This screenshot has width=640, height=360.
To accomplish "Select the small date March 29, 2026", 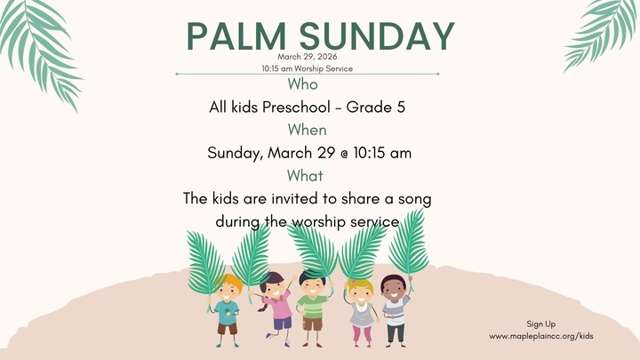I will (306, 56).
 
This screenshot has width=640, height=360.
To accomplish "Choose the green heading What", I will (305, 175).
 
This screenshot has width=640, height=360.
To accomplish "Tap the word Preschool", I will (286, 108).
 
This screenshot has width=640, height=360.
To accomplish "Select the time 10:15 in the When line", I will (370, 152).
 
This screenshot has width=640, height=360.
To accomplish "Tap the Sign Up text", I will (541, 324).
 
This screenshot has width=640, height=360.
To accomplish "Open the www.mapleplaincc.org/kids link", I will (541, 336).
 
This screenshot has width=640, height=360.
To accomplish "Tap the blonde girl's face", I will (361, 291).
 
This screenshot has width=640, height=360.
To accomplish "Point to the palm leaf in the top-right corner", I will (604, 31).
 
